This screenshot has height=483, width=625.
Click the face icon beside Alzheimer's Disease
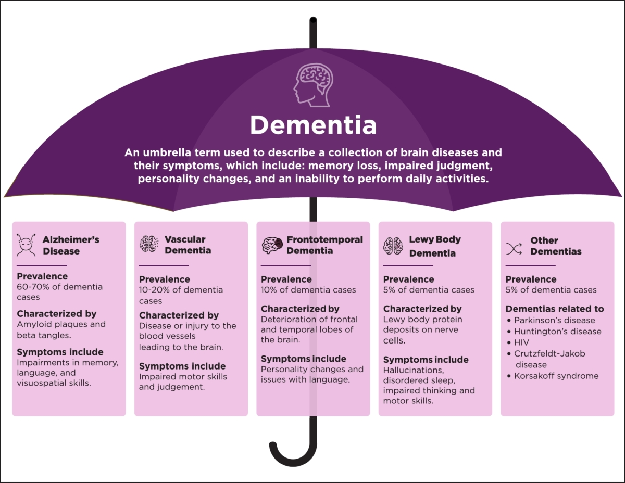pyautogui.click(x=27, y=245)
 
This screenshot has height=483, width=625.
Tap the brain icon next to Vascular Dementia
pyautogui.click(x=149, y=244)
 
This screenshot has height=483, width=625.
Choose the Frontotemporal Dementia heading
pyautogui.click(x=324, y=245)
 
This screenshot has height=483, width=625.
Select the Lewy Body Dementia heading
pyautogui.click(x=435, y=246)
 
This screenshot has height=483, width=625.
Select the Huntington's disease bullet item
pyautogui.click(x=557, y=331)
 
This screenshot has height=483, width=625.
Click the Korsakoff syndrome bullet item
pyautogui.click(x=556, y=376)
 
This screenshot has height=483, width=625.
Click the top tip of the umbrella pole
pyautogui.click(x=313, y=21)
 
